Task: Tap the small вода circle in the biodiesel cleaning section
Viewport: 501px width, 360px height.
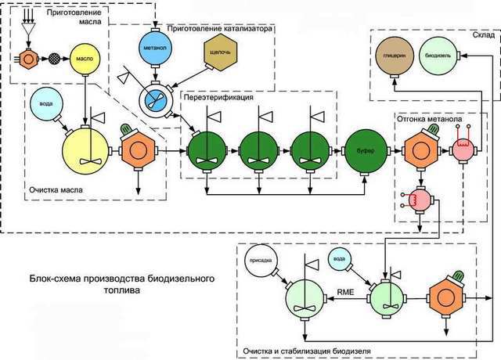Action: pyautogui.click(x=338, y=258)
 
